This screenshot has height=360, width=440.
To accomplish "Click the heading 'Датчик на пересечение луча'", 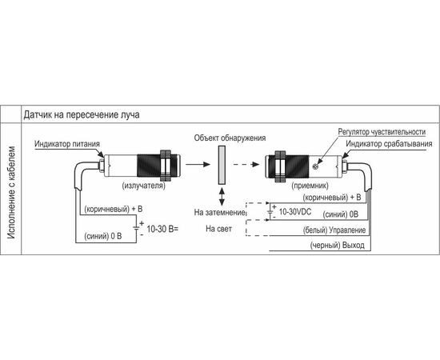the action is click(x=82, y=114).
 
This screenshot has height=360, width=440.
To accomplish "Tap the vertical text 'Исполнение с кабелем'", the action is click(x=11, y=193).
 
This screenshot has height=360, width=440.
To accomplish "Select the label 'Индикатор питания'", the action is click(x=67, y=144).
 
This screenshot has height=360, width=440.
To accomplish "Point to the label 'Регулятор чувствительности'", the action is click(x=382, y=131).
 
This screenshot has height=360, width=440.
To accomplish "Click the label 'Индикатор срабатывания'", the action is click(x=389, y=144).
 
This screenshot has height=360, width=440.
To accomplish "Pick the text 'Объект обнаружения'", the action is click(x=230, y=138).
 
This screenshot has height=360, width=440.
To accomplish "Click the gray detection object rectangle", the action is click(x=222, y=165).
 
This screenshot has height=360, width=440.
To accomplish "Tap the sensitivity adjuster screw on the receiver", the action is click(x=315, y=166).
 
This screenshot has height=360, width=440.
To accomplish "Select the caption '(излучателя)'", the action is click(x=144, y=186).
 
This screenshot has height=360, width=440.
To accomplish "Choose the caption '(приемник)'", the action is click(x=310, y=186).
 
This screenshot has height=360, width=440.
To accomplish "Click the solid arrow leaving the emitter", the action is click(x=198, y=164).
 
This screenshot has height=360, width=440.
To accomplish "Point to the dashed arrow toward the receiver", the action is click(x=246, y=164).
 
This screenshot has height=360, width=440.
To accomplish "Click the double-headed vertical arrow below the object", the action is click(x=222, y=197).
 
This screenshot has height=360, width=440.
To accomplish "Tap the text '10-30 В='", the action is click(x=162, y=229).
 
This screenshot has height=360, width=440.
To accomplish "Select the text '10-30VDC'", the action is click(x=295, y=212).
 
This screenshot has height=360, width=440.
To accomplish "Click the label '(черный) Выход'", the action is click(x=338, y=246).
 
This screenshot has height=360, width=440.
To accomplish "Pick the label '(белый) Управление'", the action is click(x=334, y=230).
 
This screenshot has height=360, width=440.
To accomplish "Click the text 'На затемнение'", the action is click(x=220, y=213).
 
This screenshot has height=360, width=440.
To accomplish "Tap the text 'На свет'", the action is click(x=219, y=229).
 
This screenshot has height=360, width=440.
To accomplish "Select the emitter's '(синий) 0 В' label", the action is click(x=103, y=236).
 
